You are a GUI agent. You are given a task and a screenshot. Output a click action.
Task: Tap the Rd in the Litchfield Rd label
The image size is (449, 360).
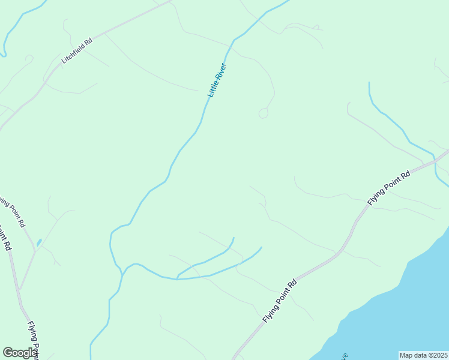[89, 42]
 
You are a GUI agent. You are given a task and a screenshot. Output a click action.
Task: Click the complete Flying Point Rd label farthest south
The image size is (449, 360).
[280, 301]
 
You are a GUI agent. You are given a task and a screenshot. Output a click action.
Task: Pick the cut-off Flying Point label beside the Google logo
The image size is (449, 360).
[34, 340]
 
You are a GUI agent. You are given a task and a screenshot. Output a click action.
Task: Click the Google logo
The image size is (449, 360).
[19, 353]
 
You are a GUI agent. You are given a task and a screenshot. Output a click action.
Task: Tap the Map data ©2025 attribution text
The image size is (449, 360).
[423, 355]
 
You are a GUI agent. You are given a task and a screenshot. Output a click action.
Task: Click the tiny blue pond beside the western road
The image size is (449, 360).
[39, 242]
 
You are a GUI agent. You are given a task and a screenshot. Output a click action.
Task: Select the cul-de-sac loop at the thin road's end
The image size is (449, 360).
[263, 113]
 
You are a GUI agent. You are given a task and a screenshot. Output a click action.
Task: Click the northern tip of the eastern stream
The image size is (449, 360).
[369, 83]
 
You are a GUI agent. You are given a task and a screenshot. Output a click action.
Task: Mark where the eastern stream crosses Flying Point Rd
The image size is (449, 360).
[435, 161]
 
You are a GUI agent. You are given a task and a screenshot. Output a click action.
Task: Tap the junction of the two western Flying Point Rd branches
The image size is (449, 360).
[35, 251]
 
